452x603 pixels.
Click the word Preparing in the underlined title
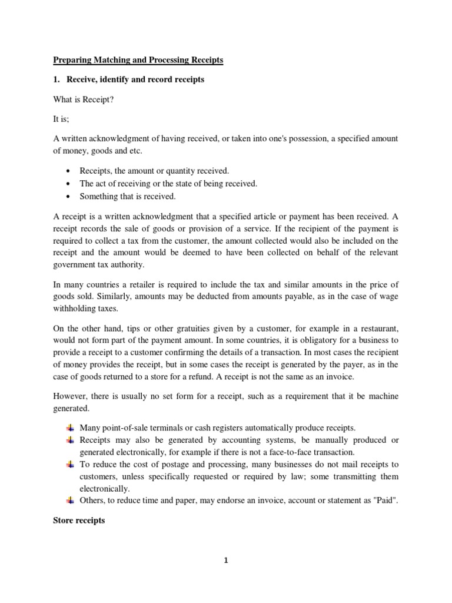tap(72, 60)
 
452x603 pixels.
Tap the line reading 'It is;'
tap(62, 118)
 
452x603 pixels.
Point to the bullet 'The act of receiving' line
tap(168, 184)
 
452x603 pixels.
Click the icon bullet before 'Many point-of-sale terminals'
tap(69, 427)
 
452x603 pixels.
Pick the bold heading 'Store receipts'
tap(79, 521)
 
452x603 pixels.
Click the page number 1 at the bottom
tap(225, 561)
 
